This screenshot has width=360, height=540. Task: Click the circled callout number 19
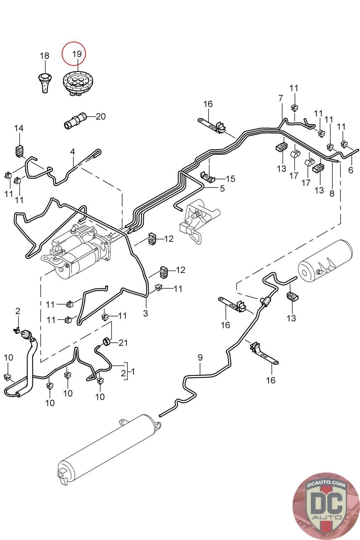tap(77, 54)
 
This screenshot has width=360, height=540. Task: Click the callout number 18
tap(45, 56)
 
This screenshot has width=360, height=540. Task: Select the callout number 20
tap(101, 116)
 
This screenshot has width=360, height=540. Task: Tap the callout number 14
tap(19, 128)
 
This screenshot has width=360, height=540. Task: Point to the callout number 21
tap(123, 343)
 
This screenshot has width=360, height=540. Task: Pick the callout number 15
tap(230, 179)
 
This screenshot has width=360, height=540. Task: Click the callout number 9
tap(200, 357)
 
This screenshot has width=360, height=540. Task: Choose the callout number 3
tap(145, 313)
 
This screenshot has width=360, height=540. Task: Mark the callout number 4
tap(73, 152)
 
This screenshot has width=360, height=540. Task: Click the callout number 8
tap(332, 194)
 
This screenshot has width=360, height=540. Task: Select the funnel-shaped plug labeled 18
tap(44, 82)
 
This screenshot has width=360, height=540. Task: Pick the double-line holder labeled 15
tap(208, 177)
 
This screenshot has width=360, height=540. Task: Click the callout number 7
tap(281, 99)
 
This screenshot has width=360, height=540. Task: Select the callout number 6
tap(351, 170)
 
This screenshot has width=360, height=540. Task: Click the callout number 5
tap(222, 188)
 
